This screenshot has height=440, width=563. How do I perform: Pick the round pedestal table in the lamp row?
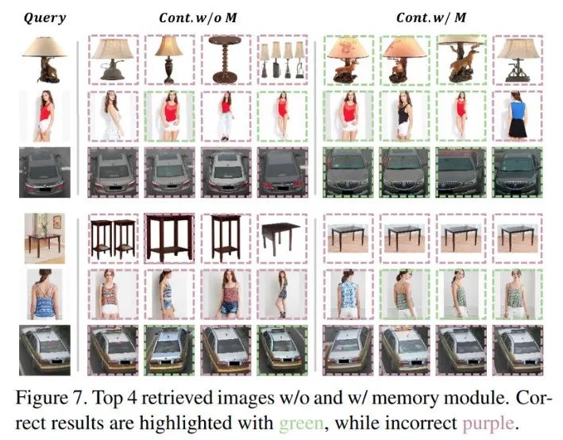[x=229, y=61]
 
